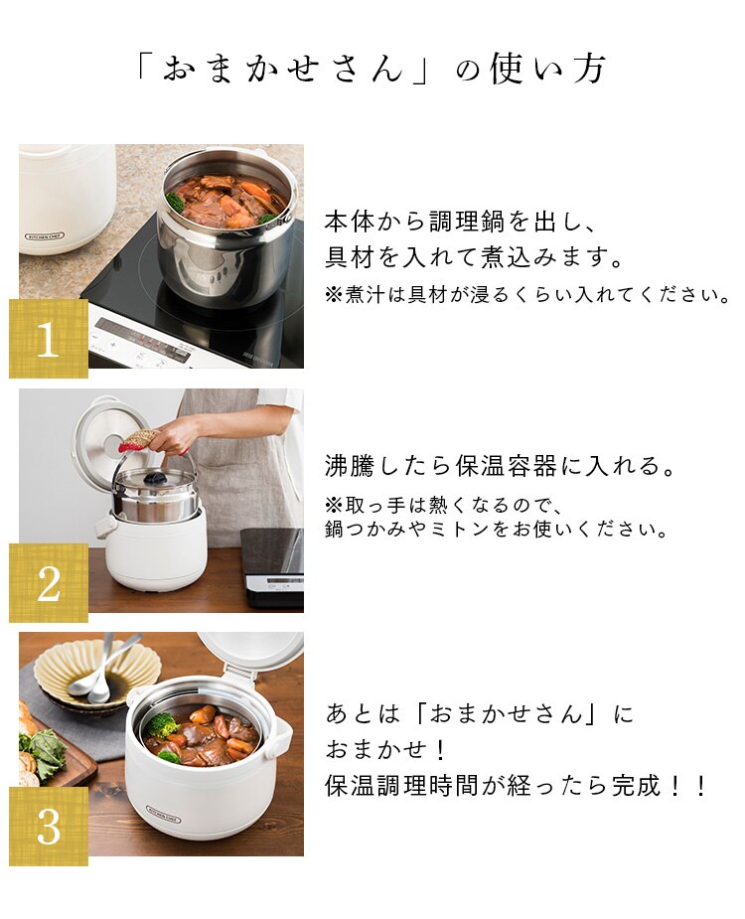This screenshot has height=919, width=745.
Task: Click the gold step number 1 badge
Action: click(x=49, y=339)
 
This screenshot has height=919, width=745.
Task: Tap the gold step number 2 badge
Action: click(x=49, y=582)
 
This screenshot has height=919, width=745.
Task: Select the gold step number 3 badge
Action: click(x=49, y=827)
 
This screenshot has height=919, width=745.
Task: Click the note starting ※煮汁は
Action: click(x=527, y=294)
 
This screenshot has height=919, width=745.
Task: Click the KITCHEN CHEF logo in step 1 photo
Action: click(x=46, y=236)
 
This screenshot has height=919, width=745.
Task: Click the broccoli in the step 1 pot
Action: click(x=175, y=201)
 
